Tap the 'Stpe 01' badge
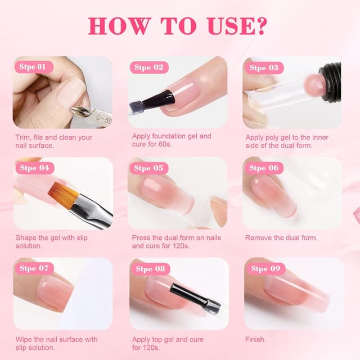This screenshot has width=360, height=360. (33, 67)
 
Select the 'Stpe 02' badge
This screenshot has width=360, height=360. (147, 67)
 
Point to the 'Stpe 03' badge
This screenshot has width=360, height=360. (263, 67)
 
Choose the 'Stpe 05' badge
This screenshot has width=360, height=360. (147, 168)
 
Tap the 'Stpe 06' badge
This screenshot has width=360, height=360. (263, 168)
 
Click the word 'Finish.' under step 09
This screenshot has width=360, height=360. (256, 339)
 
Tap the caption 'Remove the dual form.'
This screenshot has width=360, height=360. (281, 238)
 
